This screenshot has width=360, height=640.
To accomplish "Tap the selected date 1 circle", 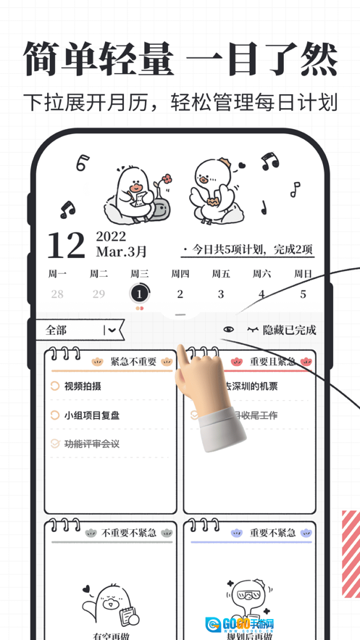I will pos(139,294).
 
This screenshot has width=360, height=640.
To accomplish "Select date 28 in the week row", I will pos(57,294).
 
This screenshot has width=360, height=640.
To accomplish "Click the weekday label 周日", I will pos(303,274).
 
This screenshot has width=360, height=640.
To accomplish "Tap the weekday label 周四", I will pos(180,274).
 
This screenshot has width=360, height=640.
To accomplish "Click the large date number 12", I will pos(66,246).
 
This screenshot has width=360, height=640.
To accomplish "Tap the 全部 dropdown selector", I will pos(79,330).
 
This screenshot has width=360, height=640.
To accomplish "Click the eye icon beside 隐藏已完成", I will pos(229,330).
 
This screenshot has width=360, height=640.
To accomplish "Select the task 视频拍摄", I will pos(83,386).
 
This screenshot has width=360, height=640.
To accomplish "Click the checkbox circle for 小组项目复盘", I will pos(55,415).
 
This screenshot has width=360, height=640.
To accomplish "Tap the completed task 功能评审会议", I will pos(91,444).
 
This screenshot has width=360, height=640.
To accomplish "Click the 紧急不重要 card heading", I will pos(133,362).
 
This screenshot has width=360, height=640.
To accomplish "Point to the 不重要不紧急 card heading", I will pos(129,533).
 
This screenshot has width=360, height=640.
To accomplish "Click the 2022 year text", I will pos(111,236).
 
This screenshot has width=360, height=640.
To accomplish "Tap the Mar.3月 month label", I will pos(121,252).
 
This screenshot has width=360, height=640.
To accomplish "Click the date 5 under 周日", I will pos(303,294).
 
